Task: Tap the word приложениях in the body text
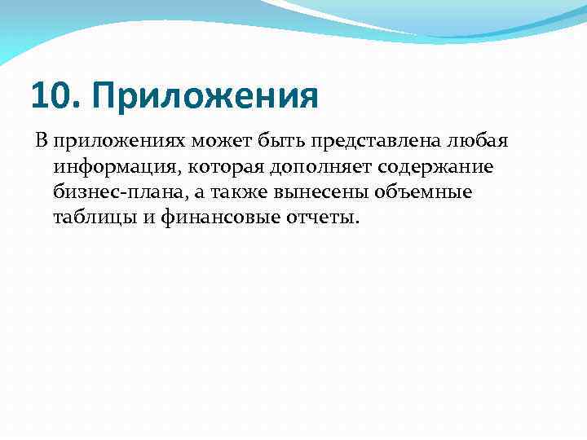tap(120, 141)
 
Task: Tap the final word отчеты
tap(321, 219)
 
